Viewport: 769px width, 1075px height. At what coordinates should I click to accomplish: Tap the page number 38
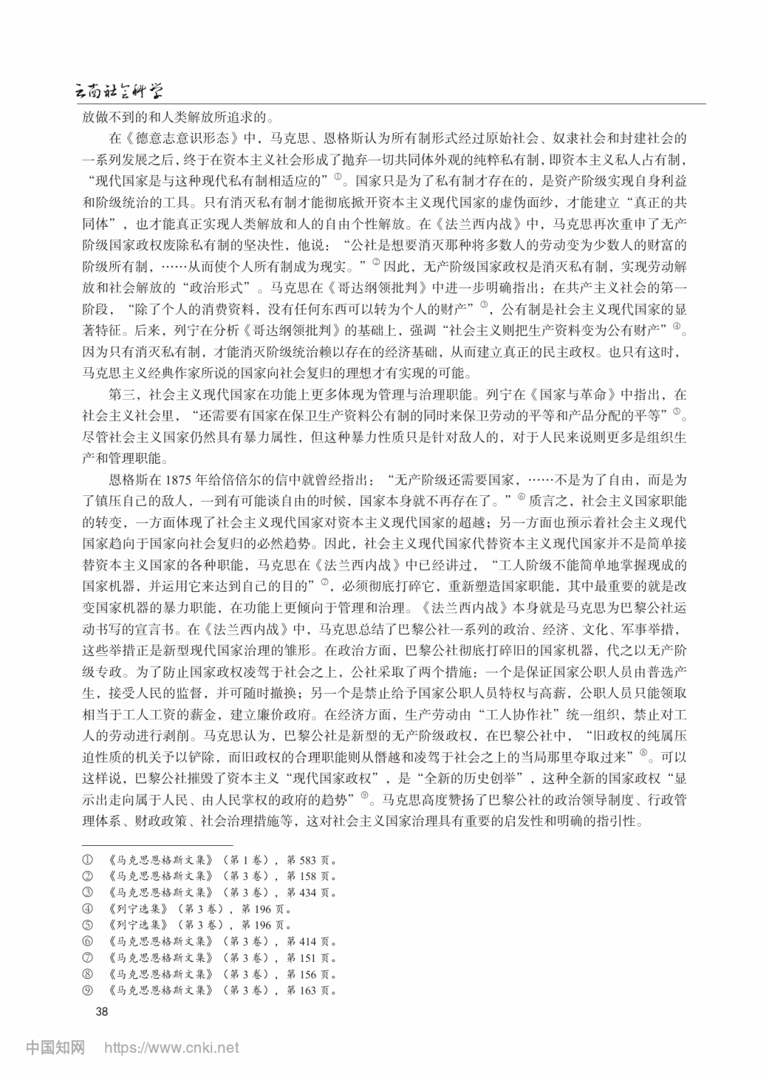tap(102, 1012)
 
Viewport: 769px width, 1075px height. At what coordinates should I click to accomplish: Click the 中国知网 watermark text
tap(56, 1048)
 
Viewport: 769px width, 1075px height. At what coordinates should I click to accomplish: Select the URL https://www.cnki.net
tap(172, 1048)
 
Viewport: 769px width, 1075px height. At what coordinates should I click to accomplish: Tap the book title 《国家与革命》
tap(570, 394)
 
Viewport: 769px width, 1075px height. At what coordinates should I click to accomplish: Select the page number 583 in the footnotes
tap(308, 859)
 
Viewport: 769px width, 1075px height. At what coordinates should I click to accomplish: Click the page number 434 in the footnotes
tap(308, 892)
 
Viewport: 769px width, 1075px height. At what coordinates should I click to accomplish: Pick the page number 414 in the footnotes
tap(308, 941)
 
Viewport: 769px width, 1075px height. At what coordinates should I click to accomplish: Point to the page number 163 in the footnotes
tap(308, 990)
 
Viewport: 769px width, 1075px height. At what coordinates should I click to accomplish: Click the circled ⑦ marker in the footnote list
tap(88, 958)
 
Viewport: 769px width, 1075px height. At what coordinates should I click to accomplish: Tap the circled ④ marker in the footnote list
tap(88, 909)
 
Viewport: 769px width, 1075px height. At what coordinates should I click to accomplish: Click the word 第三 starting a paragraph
tap(121, 394)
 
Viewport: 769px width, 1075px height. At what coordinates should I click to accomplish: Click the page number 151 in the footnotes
tap(308, 958)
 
